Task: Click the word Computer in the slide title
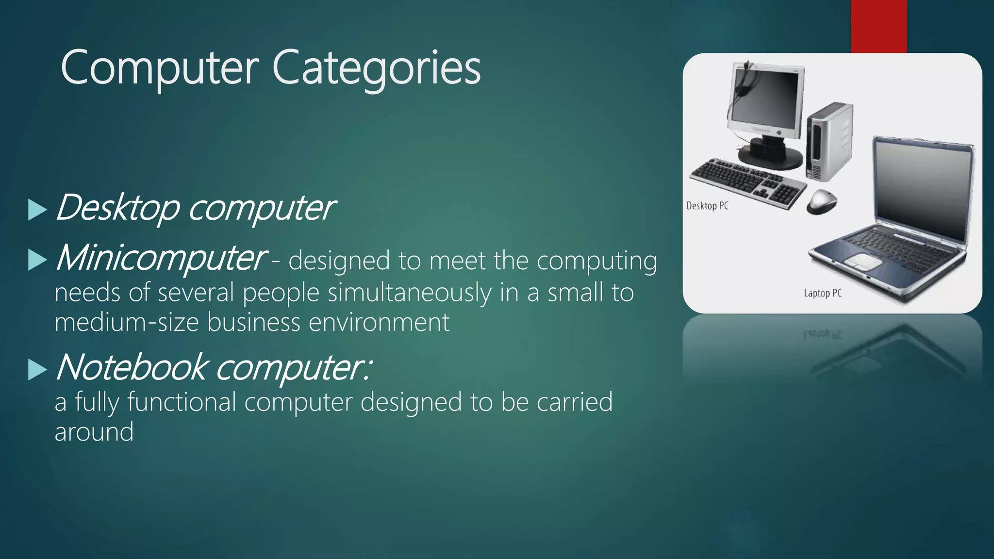click(x=160, y=68)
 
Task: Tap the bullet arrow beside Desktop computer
click(x=37, y=210)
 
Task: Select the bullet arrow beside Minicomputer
click(x=37, y=260)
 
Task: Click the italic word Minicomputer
click(x=161, y=258)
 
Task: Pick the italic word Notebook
click(x=132, y=367)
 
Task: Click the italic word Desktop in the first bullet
click(x=117, y=208)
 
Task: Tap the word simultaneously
click(x=410, y=293)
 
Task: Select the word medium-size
click(x=127, y=322)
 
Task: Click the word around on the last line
click(x=94, y=431)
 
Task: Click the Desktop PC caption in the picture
click(x=707, y=206)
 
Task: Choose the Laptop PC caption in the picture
click(x=823, y=293)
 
